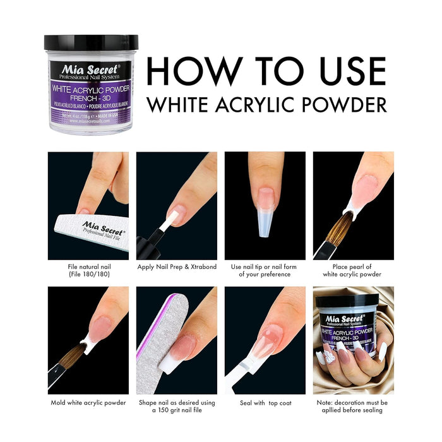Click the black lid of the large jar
pyautogui.click(x=91, y=43)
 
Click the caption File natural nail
pyautogui.click(x=88, y=270)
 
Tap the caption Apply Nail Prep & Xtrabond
pyautogui.click(x=177, y=266)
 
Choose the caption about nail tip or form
pyautogui.click(x=265, y=270)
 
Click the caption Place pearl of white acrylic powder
pyautogui.click(x=353, y=270)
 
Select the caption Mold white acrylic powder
pyautogui.click(x=88, y=402)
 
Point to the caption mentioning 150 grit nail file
pyautogui.click(x=177, y=406)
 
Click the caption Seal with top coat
pyautogui.click(x=265, y=402)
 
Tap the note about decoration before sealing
pyautogui.click(x=353, y=406)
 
